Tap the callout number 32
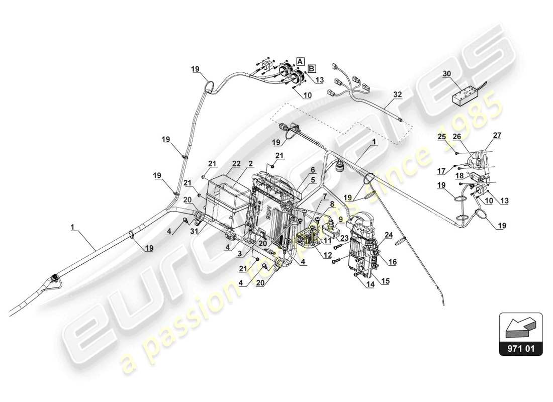coord(398,94)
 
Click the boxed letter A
coord(300,61)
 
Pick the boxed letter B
coord(312,68)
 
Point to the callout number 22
coord(236,164)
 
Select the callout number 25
coord(441,136)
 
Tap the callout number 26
coord(456,136)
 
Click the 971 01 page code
coord(521,346)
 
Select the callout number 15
coord(385,280)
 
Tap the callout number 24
coord(389,234)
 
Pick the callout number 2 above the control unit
coord(250,164)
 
